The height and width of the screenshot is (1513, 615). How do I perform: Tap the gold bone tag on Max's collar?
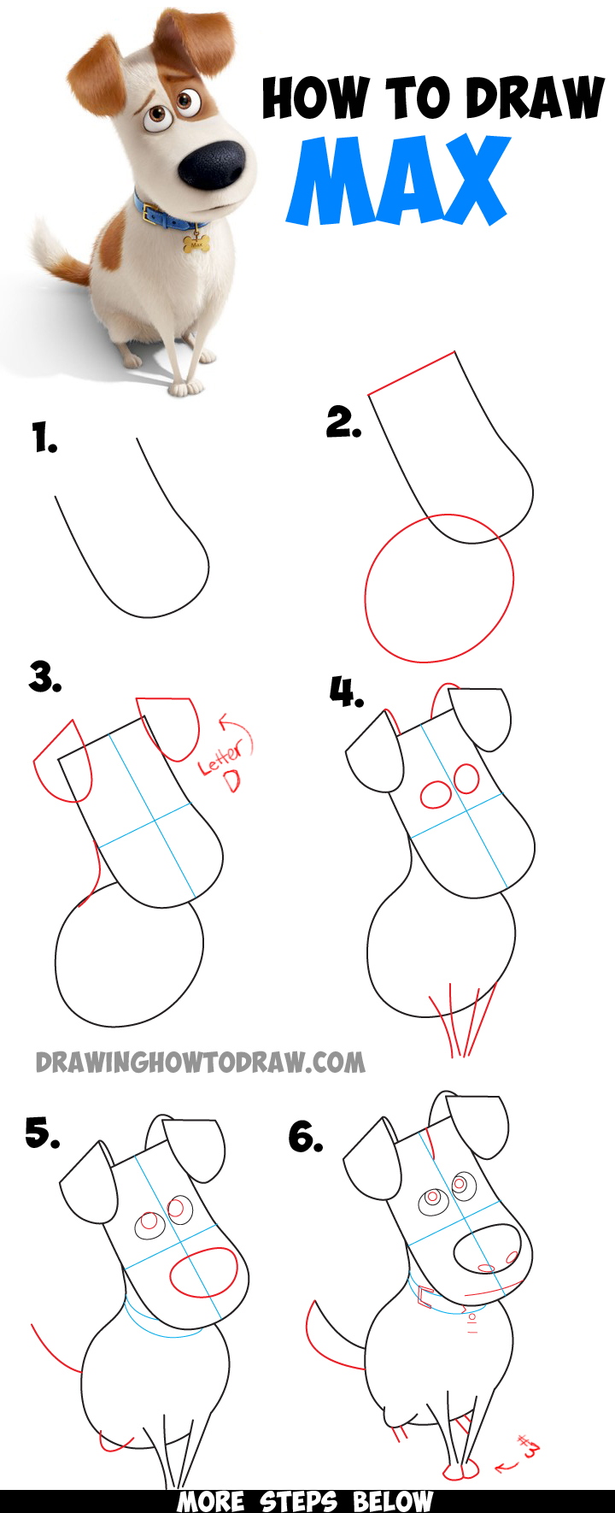196,244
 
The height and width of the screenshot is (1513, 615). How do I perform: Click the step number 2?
343,423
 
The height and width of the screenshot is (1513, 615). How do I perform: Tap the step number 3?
44,677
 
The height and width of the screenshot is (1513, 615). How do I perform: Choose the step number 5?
42,1133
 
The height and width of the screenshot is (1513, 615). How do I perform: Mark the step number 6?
306,1138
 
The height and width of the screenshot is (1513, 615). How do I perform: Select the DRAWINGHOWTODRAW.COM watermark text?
200,1063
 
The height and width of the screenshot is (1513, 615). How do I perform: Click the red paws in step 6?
461,1470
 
